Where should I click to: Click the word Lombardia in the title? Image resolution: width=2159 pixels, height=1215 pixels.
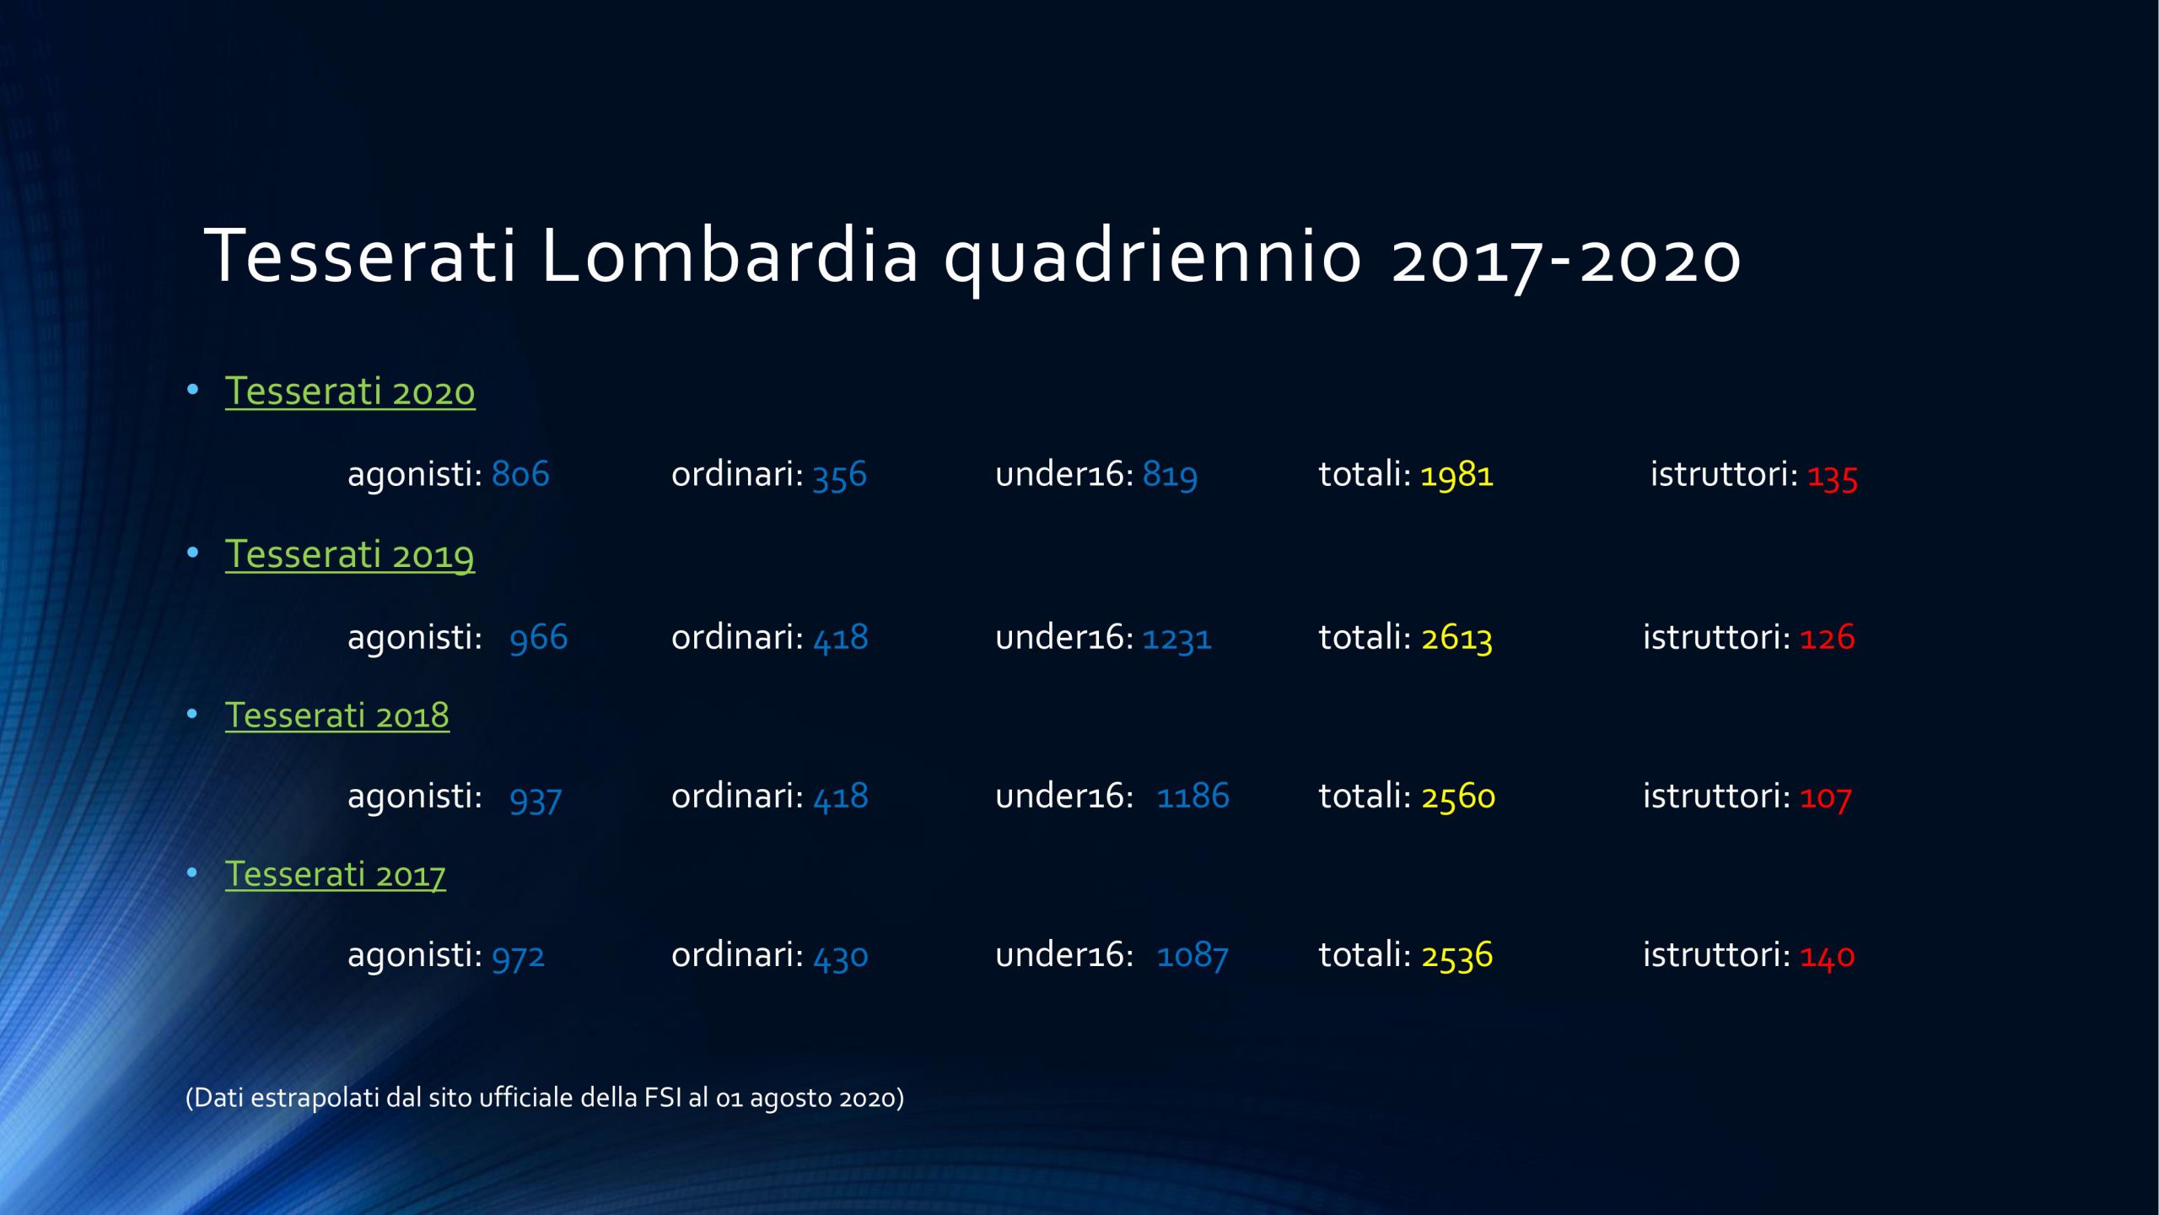click(x=729, y=255)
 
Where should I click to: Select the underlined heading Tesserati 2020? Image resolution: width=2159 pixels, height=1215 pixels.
click(x=350, y=391)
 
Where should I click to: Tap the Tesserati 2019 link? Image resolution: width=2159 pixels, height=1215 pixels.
click(x=350, y=555)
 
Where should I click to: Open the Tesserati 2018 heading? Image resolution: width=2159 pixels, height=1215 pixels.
click(x=337, y=715)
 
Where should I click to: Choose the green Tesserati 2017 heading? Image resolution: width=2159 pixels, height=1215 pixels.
click(x=336, y=875)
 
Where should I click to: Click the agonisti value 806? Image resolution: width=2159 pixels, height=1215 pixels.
click(x=520, y=473)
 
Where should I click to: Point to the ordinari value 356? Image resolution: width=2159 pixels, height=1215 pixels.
click(x=840, y=475)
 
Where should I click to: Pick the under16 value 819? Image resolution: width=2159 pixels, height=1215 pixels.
click(x=1170, y=475)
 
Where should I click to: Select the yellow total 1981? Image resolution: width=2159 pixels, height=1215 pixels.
click(x=1457, y=475)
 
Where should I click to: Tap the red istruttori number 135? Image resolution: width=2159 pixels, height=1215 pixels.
click(x=1832, y=477)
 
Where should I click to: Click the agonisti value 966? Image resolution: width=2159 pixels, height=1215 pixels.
click(x=539, y=638)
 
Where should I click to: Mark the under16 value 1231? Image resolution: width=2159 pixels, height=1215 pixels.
click(x=1177, y=638)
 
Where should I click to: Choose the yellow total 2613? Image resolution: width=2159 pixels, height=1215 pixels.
click(x=1457, y=638)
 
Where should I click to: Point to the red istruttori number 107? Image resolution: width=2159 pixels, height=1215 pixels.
click(x=1826, y=797)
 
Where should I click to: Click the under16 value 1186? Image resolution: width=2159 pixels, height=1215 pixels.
click(x=1193, y=796)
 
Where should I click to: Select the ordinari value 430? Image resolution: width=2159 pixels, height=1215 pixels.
click(x=841, y=956)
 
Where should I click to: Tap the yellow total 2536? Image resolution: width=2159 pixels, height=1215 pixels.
click(x=1457, y=956)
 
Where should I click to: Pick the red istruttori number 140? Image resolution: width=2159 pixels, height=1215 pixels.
click(x=1828, y=956)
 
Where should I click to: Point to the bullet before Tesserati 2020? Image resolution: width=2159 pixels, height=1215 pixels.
click(x=193, y=390)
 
